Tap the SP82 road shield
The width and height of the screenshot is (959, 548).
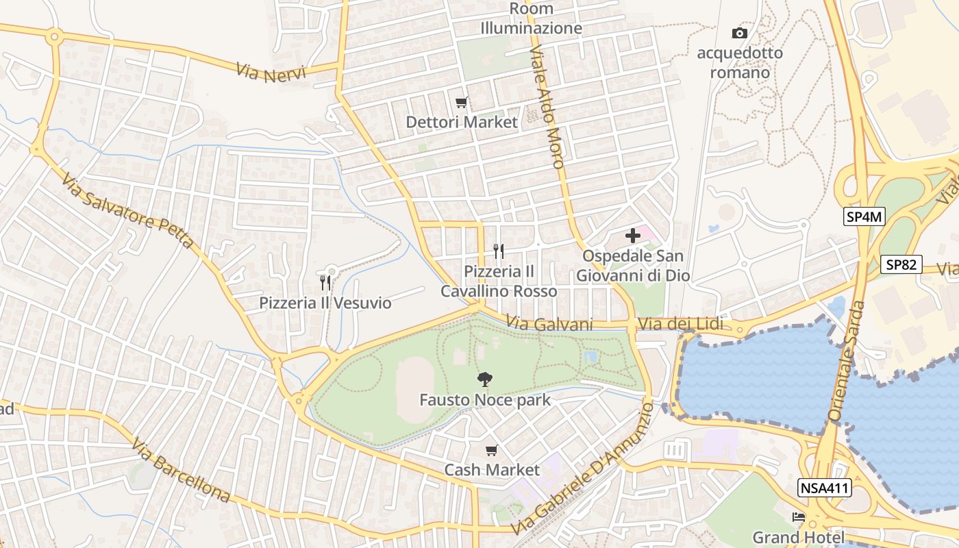pos(901,264)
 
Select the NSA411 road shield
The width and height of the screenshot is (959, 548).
pos(824,488)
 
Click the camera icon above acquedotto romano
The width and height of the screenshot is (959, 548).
pos(739,33)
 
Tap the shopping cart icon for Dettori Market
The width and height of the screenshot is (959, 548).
pos(462,103)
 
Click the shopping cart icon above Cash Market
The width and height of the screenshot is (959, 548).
pos(491,450)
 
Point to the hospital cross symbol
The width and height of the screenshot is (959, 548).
pos(633,236)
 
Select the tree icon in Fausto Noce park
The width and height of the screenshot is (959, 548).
pos(485,379)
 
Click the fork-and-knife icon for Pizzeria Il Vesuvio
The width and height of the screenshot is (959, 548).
pos(325,282)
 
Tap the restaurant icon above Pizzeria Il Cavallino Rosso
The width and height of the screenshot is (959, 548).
pos(499,251)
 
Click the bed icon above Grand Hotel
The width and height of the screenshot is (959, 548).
pos(798,517)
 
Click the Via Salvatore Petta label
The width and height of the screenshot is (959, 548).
pos(127,212)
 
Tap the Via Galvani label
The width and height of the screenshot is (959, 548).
pos(549,324)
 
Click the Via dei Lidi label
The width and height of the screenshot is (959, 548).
pos(680,323)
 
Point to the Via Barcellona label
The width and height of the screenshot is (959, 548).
pos(181,471)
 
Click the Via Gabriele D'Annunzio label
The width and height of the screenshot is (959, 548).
pos(583,469)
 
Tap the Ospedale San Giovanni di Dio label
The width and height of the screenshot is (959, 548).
pos(632,266)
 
